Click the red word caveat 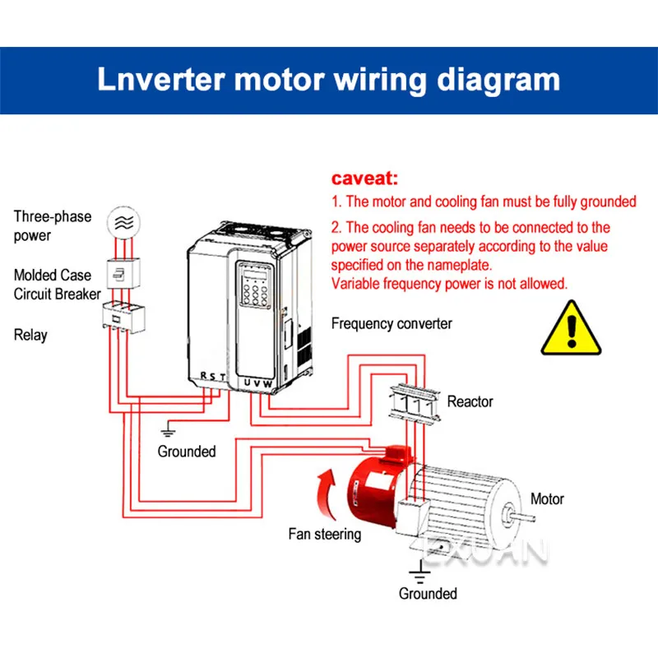364,178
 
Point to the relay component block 120,315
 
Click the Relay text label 30,335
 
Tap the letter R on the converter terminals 204,376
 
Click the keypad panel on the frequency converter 256,293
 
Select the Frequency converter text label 392,323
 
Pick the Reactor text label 470,401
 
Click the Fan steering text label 324,534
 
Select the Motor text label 547,498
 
